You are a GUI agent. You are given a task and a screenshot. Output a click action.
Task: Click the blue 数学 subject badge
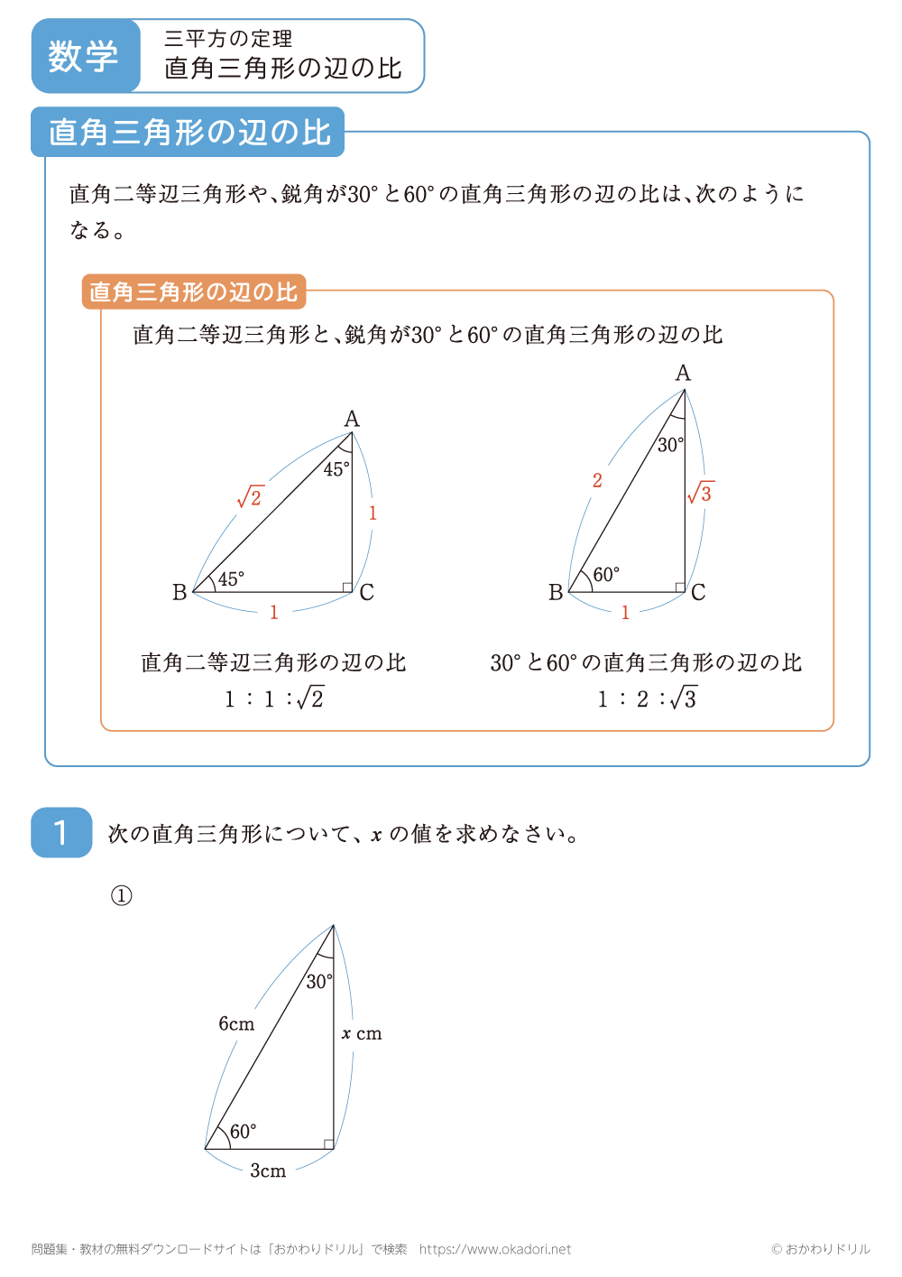click(x=85, y=56)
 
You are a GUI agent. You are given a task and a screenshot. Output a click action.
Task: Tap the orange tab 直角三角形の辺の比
click(x=194, y=291)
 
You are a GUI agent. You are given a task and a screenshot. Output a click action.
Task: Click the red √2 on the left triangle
click(x=250, y=496)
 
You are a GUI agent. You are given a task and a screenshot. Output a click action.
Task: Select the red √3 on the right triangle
click(x=701, y=493)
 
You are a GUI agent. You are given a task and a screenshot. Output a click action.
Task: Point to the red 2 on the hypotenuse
click(x=597, y=480)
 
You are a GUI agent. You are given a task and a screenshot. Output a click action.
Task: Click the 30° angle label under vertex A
click(x=670, y=444)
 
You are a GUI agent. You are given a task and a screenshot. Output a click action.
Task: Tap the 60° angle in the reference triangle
click(x=606, y=575)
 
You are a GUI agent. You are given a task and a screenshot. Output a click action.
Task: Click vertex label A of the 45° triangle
click(x=352, y=419)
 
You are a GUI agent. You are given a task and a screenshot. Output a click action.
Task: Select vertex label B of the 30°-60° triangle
click(x=556, y=592)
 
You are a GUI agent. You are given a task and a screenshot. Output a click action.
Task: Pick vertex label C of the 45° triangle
click(x=366, y=593)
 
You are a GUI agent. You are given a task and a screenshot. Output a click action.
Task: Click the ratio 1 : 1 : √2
click(x=274, y=699)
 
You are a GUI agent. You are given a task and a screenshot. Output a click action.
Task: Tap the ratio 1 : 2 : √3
click(x=647, y=699)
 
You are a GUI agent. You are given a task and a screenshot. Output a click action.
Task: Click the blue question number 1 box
click(x=61, y=832)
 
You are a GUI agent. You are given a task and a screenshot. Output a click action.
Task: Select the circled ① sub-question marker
click(x=122, y=895)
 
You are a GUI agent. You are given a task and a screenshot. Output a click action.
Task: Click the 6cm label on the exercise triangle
click(x=236, y=1023)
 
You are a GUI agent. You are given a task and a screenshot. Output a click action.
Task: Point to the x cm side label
click(x=362, y=1033)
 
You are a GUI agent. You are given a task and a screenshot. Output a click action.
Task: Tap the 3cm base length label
click(x=268, y=1171)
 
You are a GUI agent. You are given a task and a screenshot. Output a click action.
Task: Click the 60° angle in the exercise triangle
click(x=243, y=1132)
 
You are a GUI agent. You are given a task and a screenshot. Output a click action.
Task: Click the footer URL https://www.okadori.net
click(x=495, y=1249)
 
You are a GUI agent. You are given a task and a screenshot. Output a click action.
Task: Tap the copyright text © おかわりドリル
click(x=821, y=1249)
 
